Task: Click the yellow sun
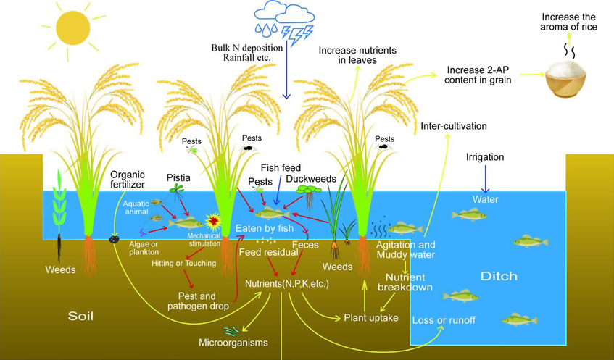pyautogui.click(x=72, y=28)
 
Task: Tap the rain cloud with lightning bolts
pyautogui.click(x=284, y=22)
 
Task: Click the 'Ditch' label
pyautogui.click(x=499, y=276)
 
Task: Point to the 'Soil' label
pyautogui.click(x=80, y=316)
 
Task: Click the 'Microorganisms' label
pyautogui.click(x=233, y=343)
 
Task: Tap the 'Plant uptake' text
pyautogui.click(x=371, y=318)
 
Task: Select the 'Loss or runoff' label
pyautogui.click(x=444, y=320)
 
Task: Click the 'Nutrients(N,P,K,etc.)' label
pyautogui.click(x=287, y=284)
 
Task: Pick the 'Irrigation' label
pyautogui.click(x=485, y=157)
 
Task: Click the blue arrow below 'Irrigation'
pyautogui.click(x=486, y=179)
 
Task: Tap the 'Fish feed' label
pyautogui.click(x=281, y=168)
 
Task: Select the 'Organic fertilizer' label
pyautogui.click(x=128, y=179)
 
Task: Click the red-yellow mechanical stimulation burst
pyautogui.click(x=213, y=222)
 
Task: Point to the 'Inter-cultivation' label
pyautogui.click(x=454, y=126)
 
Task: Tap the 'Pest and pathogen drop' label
pyautogui.click(x=198, y=301)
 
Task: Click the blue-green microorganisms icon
pyautogui.click(x=231, y=331)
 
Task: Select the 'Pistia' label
pyautogui.click(x=178, y=178)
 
